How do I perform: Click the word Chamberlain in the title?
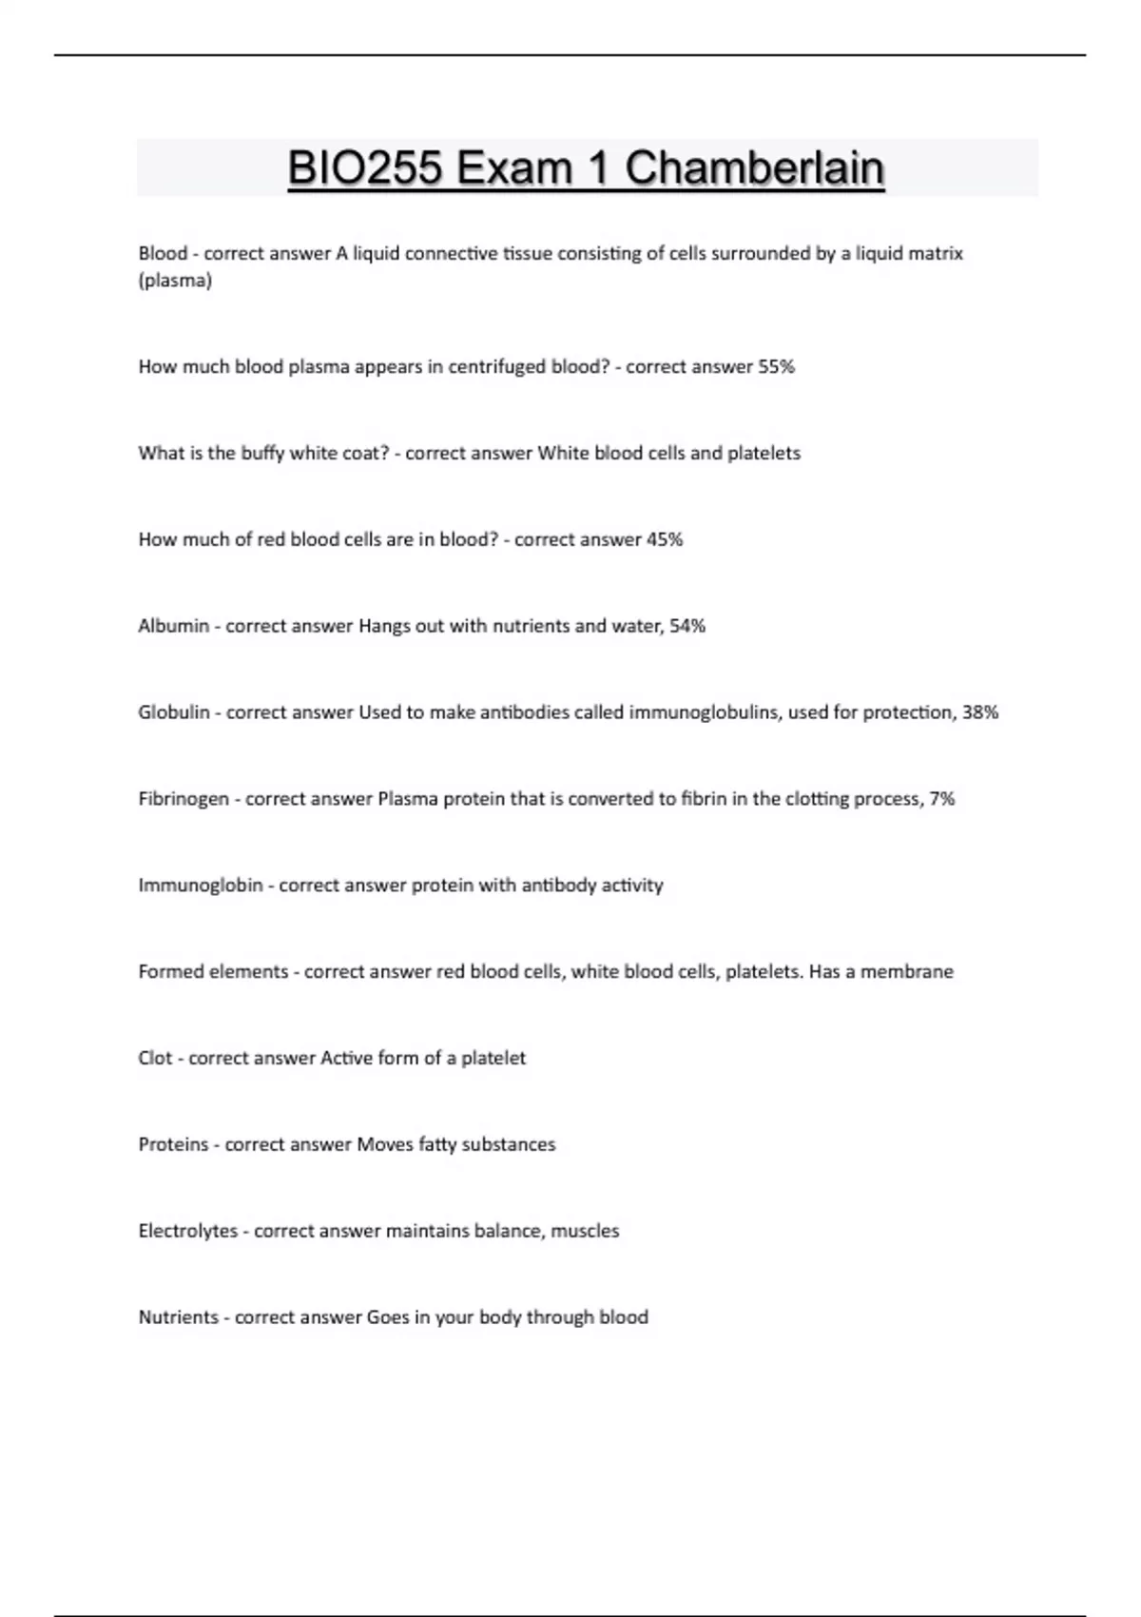tap(754, 168)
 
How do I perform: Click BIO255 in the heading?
tap(364, 168)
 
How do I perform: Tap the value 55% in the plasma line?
tap(776, 367)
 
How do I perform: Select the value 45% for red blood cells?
tap(665, 539)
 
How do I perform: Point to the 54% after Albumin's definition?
tap(687, 626)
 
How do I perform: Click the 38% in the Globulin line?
tap(980, 712)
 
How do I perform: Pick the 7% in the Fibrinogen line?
tap(942, 799)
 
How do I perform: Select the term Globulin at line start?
tap(174, 712)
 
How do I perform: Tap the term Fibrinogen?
tap(184, 799)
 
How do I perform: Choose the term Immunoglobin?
tap(201, 886)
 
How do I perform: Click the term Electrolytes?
tap(188, 1231)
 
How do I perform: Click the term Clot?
tap(156, 1058)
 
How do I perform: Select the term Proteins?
tap(173, 1144)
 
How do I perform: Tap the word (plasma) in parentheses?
tap(175, 281)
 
